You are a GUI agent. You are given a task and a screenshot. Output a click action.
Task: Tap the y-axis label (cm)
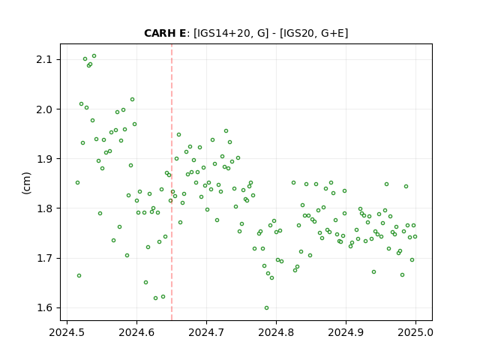pyautogui.click(x=27, y=183)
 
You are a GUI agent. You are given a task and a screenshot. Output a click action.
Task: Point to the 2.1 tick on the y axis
pyautogui.click(x=44, y=59)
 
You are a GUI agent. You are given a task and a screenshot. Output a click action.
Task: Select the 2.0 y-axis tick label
pyautogui.click(x=44, y=109)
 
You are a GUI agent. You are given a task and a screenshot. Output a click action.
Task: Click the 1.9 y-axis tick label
pyautogui.click(x=44, y=159)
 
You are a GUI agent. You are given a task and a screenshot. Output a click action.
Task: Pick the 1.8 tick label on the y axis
pyautogui.click(x=44, y=208)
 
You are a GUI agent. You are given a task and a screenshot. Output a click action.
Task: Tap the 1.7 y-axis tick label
pyautogui.click(x=44, y=258)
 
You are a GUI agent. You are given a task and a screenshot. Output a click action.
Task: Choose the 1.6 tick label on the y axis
pyautogui.click(x=44, y=308)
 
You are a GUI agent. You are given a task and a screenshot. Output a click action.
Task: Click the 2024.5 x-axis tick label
pyautogui.click(x=67, y=332)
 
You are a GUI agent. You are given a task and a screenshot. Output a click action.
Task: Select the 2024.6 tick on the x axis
pyautogui.click(x=136, y=332)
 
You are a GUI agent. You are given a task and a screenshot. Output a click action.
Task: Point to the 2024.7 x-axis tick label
pyautogui.click(x=207, y=332)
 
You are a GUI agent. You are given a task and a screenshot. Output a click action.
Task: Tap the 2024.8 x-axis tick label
pyautogui.click(x=277, y=332)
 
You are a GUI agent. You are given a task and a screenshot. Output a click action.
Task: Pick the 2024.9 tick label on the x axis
pyautogui.click(x=346, y=332)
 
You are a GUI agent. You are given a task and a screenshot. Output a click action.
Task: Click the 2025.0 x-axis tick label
pyautogui.click(x=415, y=332)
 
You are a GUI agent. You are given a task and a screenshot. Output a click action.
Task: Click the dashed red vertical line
pyautogui.click(x=172, y=182)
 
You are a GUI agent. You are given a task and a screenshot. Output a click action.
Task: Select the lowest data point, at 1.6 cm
pyautogui.click(x=267, y=308)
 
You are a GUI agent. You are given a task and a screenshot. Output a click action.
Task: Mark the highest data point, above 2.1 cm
pyautogui.click(x=94, y=56)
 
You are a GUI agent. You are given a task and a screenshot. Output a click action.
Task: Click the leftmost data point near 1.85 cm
pyautogui.click(x=78, y=183)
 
